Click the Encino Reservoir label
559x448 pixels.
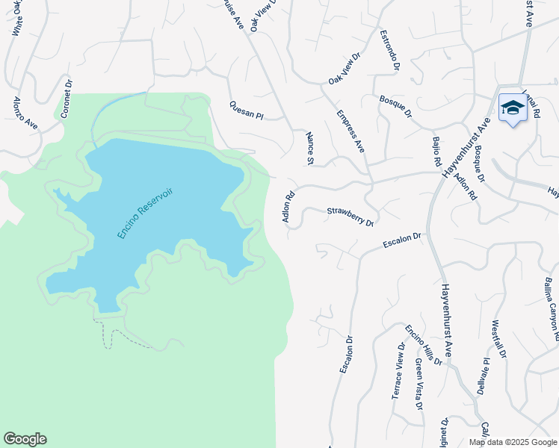(145, 213)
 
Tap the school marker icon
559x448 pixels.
(513, 109)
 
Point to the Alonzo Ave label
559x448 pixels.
(25, 113)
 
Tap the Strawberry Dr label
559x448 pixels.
(350, 217)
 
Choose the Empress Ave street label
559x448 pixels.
(350, 132)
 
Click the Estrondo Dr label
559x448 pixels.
(389, 51)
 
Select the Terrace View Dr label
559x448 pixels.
(398, 370)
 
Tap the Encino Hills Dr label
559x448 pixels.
(424, 345)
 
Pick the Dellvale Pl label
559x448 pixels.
(484, 376)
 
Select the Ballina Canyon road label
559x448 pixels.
(551, 299)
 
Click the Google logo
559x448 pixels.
(25, 439)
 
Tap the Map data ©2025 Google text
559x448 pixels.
(512, 442)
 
